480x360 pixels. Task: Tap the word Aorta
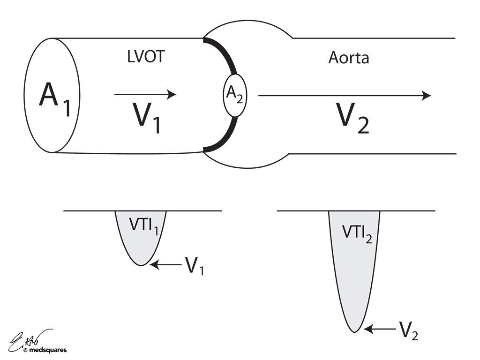click(x=349, y=58)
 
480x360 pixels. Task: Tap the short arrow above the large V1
click(x=145, y=95)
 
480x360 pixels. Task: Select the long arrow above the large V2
click(x=345, y=96)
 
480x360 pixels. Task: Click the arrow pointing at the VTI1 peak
click(x=166, y=265)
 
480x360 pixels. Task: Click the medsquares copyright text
click(x=45, y=350)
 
